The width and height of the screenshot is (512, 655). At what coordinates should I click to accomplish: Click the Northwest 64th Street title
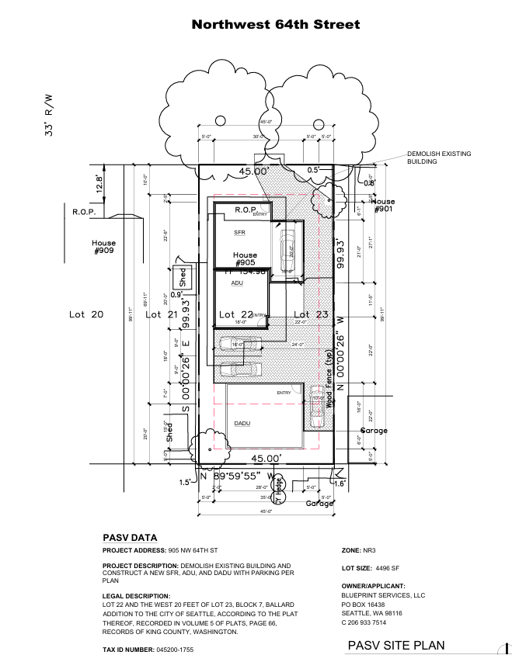[x=276, y=25]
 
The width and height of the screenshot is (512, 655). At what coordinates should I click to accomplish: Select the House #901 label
[x=384, y=206]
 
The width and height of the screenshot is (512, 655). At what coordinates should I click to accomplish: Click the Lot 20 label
[x=86, y=314]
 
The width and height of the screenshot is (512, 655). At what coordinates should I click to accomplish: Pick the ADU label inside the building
[x=238, y=283]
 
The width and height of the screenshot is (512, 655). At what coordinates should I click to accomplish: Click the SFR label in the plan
[x=239, y=232]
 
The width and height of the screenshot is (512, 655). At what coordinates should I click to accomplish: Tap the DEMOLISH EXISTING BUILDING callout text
[x=440, y=158]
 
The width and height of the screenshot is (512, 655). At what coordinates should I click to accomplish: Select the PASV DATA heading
[x=130, y=537]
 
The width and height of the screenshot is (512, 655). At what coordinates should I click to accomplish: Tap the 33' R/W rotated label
[x=49, y=115]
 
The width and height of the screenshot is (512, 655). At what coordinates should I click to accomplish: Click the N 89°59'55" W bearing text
[x=237, y=475]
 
